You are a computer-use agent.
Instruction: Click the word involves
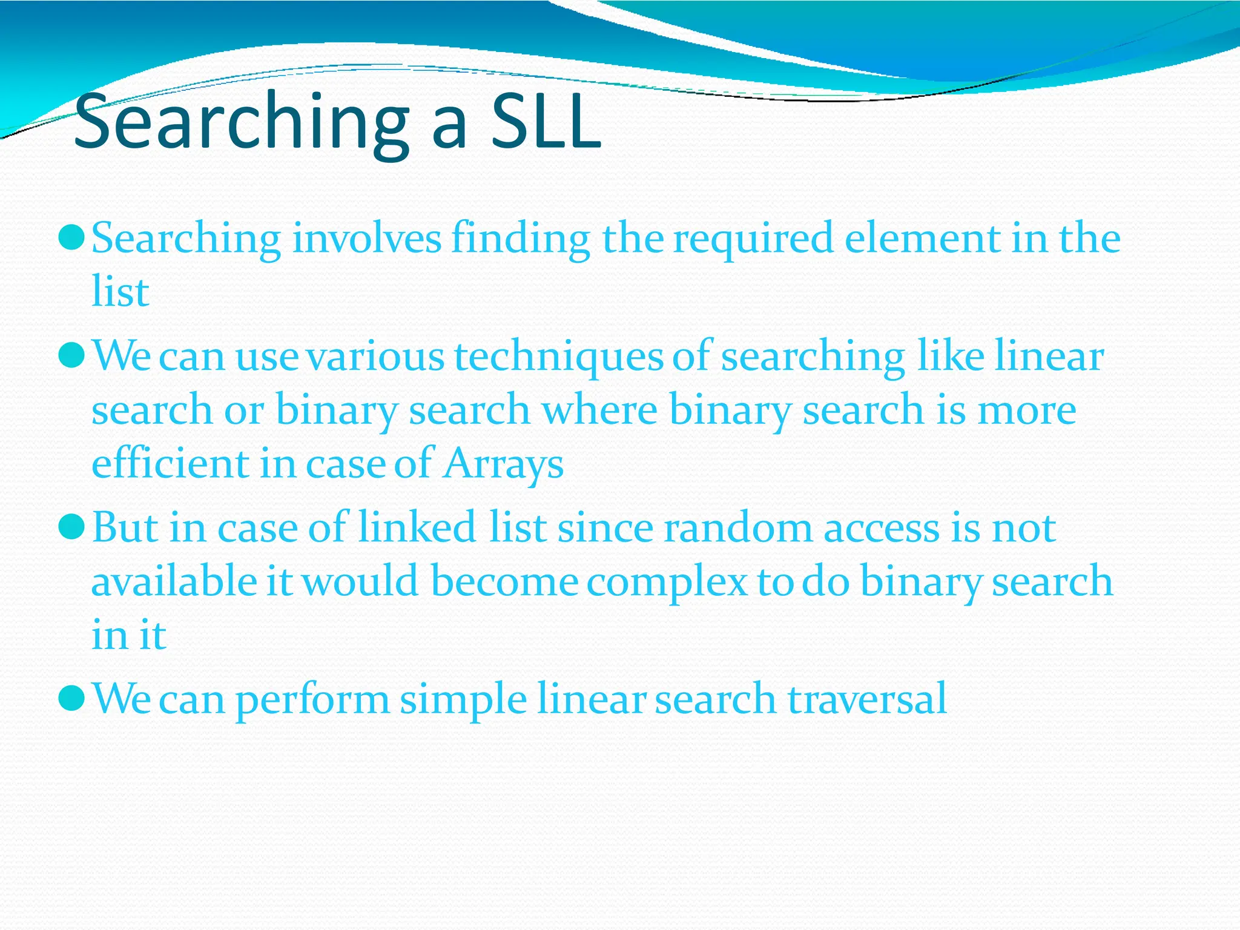(x=367, y=238)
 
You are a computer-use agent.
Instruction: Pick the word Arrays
(x=503, y=465)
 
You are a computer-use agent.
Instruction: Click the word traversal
(x=867, y=699)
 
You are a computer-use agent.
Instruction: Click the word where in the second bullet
(x=599, y=410)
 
